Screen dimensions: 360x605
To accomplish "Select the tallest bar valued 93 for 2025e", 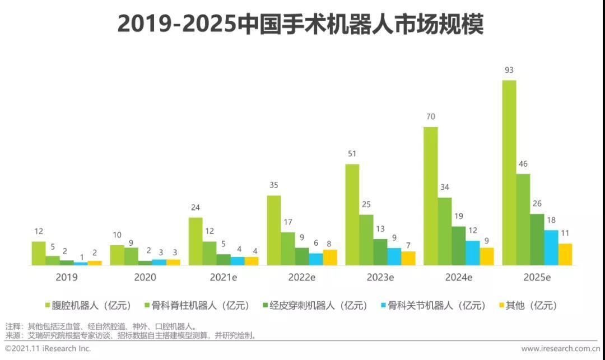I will click(x=509, y=172).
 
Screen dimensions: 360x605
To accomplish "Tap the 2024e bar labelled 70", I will click(x=430, y=196).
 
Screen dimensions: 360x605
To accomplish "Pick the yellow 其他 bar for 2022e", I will click(x=330, y=257).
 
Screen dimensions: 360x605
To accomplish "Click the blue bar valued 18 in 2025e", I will click(x=551, y=247).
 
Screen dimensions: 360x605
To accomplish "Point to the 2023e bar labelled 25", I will click(x=366, y=240).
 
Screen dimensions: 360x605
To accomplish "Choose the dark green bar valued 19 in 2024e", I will click(x=458, y=245).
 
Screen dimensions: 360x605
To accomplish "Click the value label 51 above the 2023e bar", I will click(x=352, y=154).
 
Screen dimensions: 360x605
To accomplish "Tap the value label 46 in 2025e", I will click(x=523, y=164).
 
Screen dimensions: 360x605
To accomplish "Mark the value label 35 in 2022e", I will click(x=273, y=185).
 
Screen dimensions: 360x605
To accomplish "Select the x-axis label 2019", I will click(x=67, y=277).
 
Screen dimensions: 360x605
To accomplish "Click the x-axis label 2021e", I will click(x=223, y=277).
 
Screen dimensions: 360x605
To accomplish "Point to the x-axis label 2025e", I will click(x=537, y=277).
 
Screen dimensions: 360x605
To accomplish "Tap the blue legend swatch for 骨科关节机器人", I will click(x=383, y=306).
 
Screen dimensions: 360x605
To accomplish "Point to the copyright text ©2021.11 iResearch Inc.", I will click(x=48, y=348).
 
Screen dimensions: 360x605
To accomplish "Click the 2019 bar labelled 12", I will click(x=39, y=253).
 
